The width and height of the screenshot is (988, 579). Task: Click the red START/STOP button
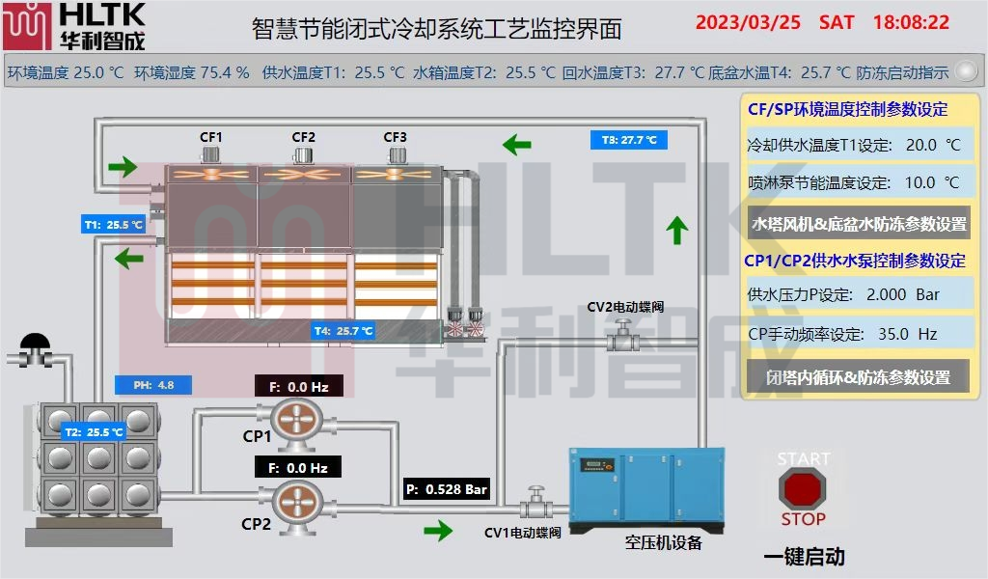point(803,489)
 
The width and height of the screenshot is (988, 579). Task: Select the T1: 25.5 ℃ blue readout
point(113,225)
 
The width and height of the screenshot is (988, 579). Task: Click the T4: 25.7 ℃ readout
point(343,331)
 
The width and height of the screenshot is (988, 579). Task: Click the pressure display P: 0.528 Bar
point(447,489)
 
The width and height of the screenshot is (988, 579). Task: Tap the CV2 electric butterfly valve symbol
point(622,338)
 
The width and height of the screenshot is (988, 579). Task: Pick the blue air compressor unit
point(645,489)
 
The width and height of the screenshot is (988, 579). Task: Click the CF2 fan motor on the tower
point(304,154)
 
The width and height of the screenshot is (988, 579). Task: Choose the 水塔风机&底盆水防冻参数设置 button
point(859,224)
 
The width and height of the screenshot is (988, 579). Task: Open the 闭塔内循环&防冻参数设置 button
point(858,377)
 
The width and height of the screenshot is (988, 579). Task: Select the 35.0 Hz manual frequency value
point(907,334)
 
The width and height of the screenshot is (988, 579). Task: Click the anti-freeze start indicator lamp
point(965,71)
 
